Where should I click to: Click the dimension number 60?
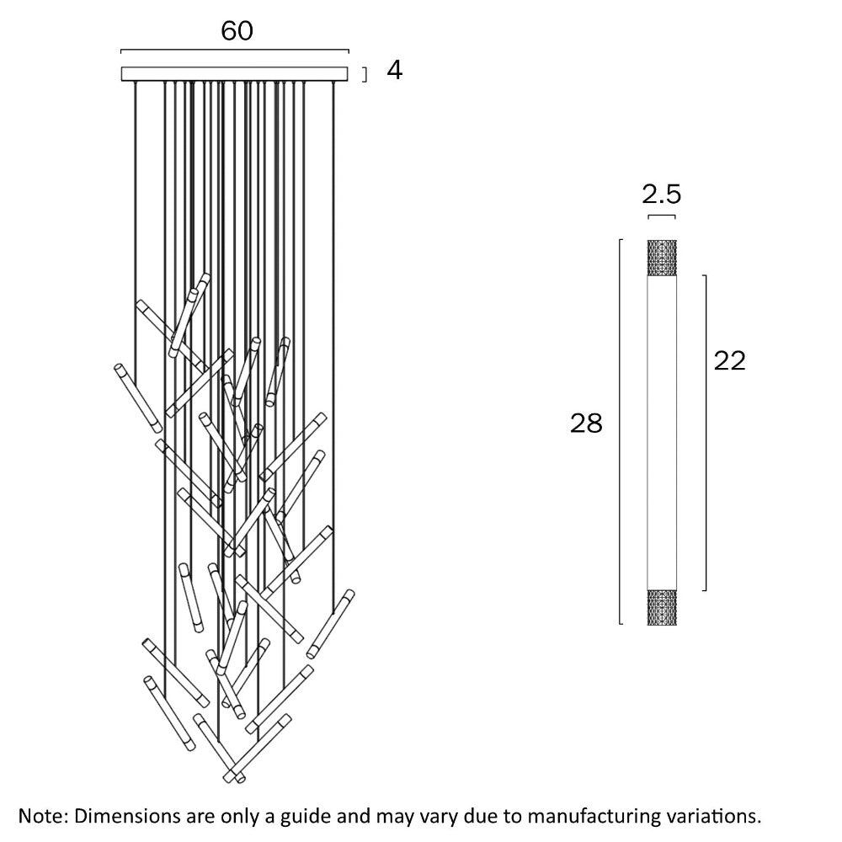pyautogui.click(x=237, y=31)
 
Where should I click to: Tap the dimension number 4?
pyautogui.click(x=394, y=71)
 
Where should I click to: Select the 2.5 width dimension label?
pyautogui.click(x=661, y=195)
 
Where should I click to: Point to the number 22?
pyautogui.click(x=729, y=360)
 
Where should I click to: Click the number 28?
pyautogui.click(x=586, y=424)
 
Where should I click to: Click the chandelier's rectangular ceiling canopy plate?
pyautogui.click(x=235, y=74)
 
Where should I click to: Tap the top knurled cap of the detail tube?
pyautogui.click(x=661, y=258)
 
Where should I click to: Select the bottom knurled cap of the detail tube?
pyautogui.click(x=661, y=606)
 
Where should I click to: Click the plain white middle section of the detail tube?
pyautogui.click(x=661, y=429)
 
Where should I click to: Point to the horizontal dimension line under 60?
pyautogui.click(x=235, y=50)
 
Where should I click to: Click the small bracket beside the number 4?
pyautogui.click(x=365, y=75)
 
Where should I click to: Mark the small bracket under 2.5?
pyautogui.click(x=661, y=217)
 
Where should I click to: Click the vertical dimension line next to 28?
pyautogui.click(x=620, y=432)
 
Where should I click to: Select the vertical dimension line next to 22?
pyautogui.click(x=704, y=432)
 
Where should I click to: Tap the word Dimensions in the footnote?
pyautogui.click(x=126, y=816)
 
